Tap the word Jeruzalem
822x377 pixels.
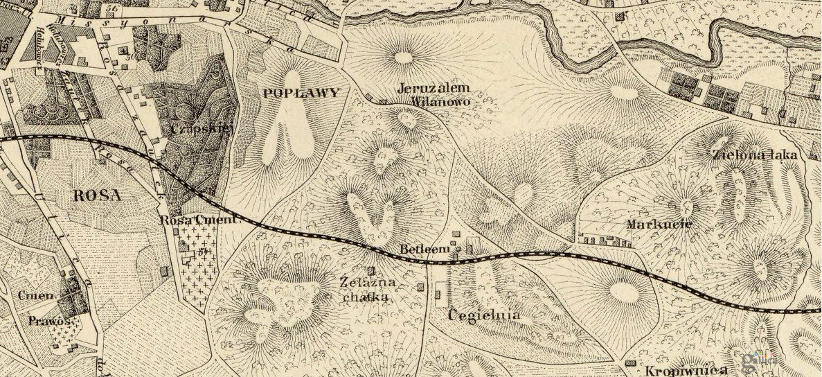click(434, 88)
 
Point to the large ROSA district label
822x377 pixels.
click(97, 195)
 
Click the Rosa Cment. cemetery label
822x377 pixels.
click(198, 220)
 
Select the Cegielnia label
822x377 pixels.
click(483, 315)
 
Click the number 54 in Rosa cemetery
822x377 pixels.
click(203, 251)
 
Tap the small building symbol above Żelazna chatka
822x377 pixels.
click(371, 270)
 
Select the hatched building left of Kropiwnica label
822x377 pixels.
click(629, 363)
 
